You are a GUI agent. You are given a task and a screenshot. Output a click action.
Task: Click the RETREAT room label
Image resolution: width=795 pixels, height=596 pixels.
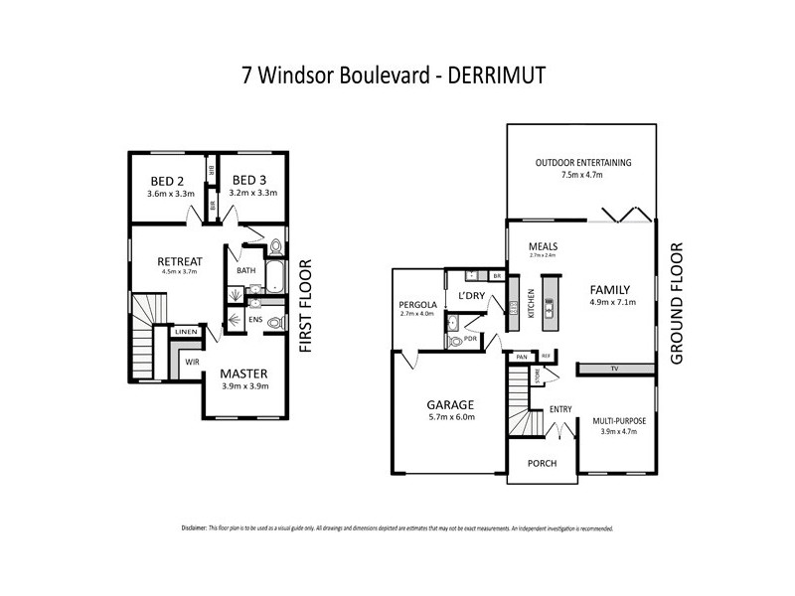tap(180, 263)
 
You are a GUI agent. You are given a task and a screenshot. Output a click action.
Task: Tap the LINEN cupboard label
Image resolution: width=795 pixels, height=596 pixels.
tap(187, 331)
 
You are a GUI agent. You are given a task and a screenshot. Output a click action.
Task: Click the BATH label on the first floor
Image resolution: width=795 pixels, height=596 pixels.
tap(246, 270)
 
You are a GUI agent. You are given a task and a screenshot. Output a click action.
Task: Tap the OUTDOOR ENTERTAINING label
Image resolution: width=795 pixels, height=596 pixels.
tap(582, 162)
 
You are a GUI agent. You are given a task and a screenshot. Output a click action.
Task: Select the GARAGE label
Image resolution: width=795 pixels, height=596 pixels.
tap(450, 404)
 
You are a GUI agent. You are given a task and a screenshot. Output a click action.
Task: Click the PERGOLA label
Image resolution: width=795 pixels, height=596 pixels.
tap(416, 304)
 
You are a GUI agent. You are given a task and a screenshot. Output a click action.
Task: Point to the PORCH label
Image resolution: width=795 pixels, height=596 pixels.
tap(542, 464)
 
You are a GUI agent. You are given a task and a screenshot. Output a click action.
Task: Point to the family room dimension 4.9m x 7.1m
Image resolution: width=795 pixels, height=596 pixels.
tap(609, 304)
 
